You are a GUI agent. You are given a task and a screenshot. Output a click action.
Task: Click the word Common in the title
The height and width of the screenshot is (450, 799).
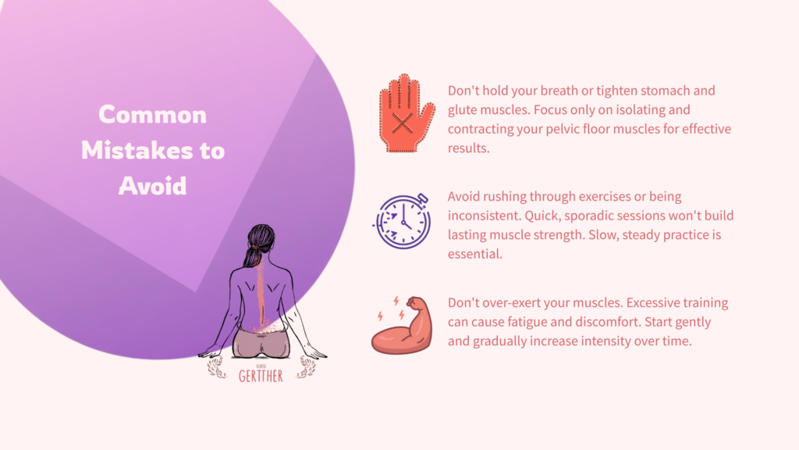click(152, 115)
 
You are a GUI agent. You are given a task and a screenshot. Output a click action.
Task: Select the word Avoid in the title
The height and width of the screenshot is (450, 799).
click(152, 186)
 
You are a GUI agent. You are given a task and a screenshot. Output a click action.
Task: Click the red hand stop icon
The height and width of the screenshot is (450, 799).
click(407, 113)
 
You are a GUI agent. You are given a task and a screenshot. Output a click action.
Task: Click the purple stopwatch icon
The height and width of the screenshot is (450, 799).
click(402, 221)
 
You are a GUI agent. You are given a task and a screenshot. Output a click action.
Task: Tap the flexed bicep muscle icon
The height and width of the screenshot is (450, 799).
click(402, 325)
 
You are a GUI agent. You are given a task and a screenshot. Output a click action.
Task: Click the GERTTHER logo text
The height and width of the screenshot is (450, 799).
click(261, 377)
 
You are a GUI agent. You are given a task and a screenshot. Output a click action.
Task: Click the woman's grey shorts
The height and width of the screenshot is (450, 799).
click(261, 343)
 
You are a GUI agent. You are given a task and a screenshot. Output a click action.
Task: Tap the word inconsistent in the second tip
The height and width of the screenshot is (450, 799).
click(485, 216)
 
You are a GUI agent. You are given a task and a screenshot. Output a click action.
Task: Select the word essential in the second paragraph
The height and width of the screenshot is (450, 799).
click(475, 254)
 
